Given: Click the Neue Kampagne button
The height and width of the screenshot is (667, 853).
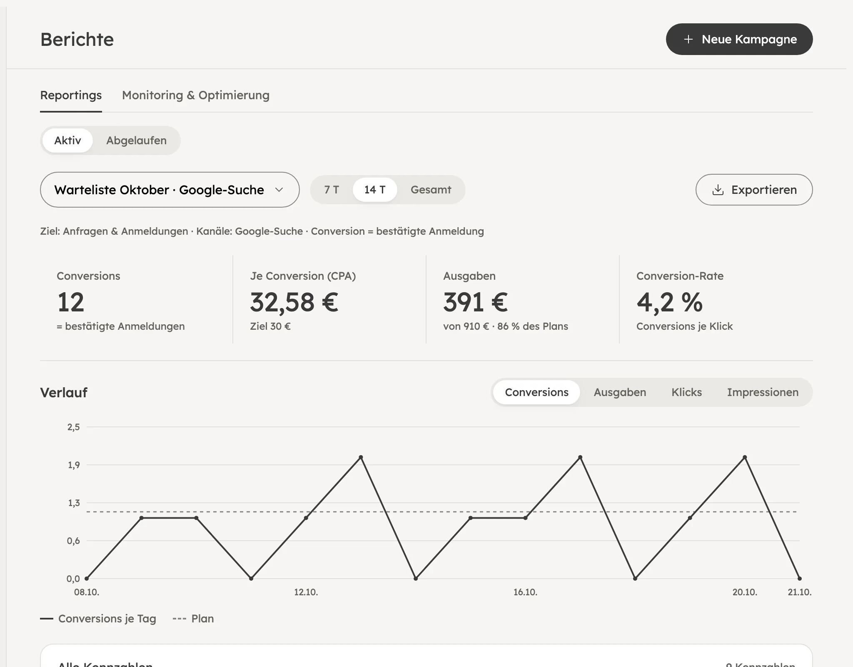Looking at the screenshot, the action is [x=739, y=39].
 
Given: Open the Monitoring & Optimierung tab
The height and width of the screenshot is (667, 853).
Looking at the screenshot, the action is [x=196, y=95].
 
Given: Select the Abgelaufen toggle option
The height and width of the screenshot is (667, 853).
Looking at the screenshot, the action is [x=136, y=140].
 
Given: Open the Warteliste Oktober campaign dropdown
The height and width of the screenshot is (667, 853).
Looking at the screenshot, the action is [x=170, y=190].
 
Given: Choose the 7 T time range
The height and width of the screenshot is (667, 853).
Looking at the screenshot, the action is [x=332, y=190].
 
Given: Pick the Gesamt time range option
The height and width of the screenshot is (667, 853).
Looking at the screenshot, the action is [x=431, y=190].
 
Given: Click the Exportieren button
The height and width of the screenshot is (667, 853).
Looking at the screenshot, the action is [x=754, y=190].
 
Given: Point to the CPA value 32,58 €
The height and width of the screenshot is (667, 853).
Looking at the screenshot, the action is [x=294, y=302].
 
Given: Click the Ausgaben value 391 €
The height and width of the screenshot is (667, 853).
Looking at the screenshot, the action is [x=475, y=302].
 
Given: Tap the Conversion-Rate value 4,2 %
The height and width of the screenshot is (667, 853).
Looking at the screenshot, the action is [x=669, y=302].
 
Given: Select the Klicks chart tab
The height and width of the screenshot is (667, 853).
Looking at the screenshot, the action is [x=686, y=392].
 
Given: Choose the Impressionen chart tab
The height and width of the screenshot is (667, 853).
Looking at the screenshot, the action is [x=763, y=392].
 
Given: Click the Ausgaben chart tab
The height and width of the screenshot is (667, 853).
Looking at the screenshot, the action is [x=620, y=392].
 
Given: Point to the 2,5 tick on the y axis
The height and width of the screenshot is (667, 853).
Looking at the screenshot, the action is [x=74, y=427].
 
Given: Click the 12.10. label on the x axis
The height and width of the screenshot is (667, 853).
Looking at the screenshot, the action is [x=306, y=592].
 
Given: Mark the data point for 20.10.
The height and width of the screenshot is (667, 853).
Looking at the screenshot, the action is [x=745, y=457].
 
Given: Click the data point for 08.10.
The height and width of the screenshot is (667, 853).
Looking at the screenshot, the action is [x=87, y=579].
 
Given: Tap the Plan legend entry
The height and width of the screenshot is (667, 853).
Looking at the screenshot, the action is [x=193, y=619].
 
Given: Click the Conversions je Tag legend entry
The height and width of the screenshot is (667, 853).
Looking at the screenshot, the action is [x=98, y=619].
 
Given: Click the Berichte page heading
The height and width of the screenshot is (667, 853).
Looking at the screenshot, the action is [x=77, y=40].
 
